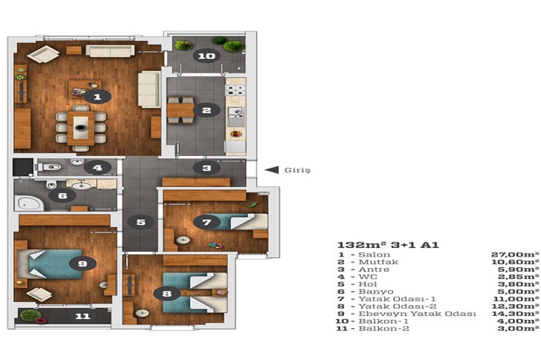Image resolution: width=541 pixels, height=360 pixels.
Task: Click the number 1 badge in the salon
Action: coord(97,97)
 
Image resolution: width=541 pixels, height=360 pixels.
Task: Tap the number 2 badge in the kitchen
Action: coord(206,110)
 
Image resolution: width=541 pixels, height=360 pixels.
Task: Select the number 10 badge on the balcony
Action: coord(206,56)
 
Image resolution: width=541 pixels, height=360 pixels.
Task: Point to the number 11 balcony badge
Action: coord(83,316)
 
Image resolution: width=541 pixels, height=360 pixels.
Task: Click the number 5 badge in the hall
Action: coord(141,222)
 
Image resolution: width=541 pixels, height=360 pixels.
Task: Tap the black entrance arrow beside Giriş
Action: coord(272,170)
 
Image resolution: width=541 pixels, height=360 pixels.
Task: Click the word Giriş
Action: coord(298,171)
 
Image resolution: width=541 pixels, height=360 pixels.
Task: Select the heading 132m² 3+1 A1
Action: coord(388,245)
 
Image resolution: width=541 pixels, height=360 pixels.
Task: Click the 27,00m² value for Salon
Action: coord(515,255)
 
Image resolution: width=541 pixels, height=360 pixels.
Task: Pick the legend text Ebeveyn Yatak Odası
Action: coord(417,314)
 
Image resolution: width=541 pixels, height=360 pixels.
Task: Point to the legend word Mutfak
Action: coord(379,262)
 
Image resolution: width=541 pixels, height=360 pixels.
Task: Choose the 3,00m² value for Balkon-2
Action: coord(519,328)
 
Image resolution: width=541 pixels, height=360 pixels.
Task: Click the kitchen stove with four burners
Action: coord(235,90)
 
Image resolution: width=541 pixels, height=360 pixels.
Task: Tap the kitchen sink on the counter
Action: coord(236,116)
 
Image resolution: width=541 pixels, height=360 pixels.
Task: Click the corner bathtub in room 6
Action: coord(29,203)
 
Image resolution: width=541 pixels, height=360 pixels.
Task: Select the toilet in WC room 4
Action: coord(49,167)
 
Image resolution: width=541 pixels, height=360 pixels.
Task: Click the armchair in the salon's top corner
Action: coord(43,54)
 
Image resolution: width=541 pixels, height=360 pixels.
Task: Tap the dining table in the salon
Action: coord(80,128)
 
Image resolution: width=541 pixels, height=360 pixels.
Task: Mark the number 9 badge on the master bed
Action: coord(83,263)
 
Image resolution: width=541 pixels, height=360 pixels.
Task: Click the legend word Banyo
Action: coord(376,292)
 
